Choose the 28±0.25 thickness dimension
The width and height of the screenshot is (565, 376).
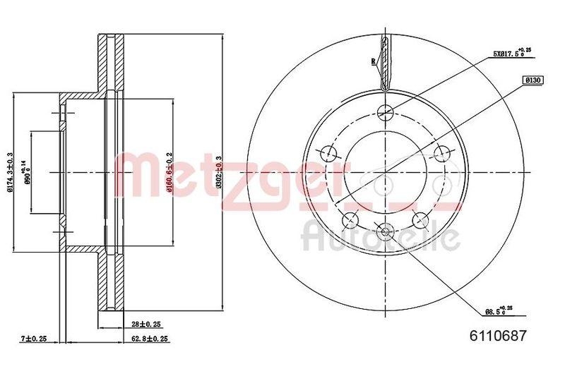tap(145, 324)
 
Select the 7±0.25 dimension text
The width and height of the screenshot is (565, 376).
tap(33, 339)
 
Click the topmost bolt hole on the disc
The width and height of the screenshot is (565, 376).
tap(385, 111)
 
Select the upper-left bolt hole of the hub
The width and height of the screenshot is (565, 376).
tap(328, 152)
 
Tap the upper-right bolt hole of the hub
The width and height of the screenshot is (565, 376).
tap(442, 152)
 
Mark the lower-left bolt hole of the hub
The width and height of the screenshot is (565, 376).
tap(349, 219)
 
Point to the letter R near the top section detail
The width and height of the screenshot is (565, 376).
tap(372, 61)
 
